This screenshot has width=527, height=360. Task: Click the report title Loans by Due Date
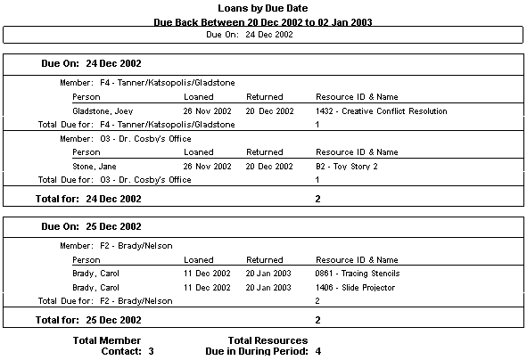263,8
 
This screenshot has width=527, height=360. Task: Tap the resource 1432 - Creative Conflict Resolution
381,111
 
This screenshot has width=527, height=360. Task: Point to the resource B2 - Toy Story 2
347,167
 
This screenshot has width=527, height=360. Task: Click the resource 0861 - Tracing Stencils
358,274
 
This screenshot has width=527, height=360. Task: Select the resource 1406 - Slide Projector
356,288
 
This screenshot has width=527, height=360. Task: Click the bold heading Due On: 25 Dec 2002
91,227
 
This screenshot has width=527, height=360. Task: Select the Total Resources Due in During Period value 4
317,351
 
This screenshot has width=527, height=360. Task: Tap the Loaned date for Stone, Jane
207,167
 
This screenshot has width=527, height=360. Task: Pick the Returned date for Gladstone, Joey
269,111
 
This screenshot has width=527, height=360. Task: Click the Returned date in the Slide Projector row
269,288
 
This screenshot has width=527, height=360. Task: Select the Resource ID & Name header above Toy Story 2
357,152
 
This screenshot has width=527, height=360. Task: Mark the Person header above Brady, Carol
86,259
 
